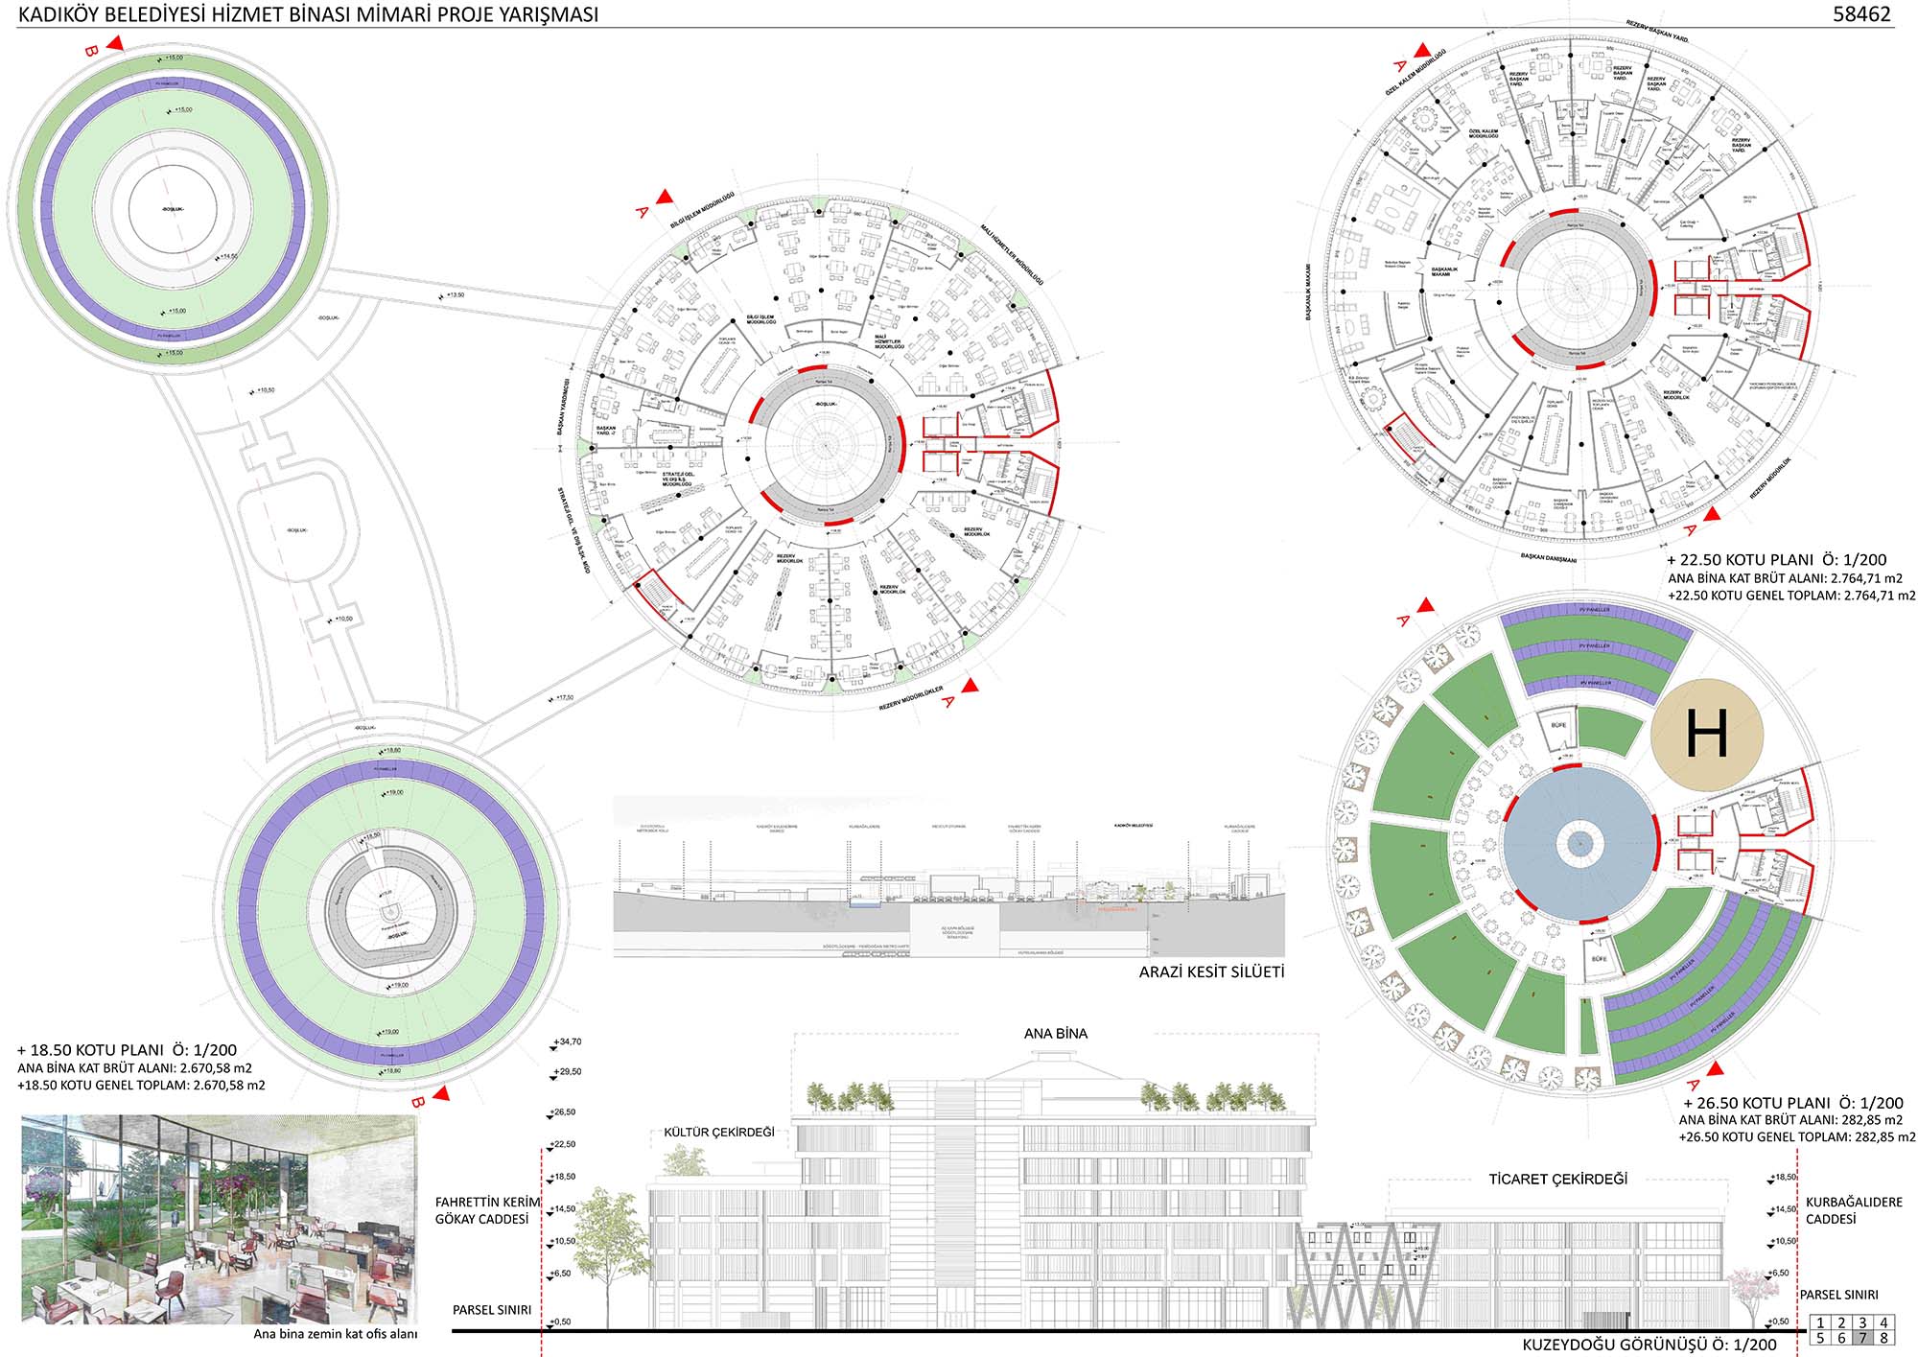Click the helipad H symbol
point(1706,734)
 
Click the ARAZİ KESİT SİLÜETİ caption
point(1211,971)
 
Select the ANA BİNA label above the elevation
point(1056,1033)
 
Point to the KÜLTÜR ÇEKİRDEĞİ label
point(719,1132)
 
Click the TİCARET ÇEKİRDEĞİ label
point(1558,1179)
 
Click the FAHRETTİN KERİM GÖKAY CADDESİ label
point(487,1210)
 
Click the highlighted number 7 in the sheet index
point(1862,1338)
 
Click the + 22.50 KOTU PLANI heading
point(1776,560)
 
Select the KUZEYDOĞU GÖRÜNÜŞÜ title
point(1649,1345)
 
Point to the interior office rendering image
point(220,1218)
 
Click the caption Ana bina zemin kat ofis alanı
point(335,1334)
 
